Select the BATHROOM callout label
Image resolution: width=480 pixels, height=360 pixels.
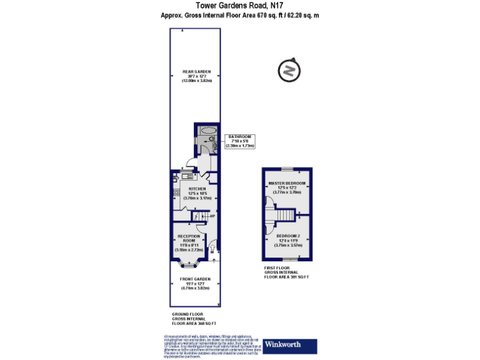click(x=240, y=136)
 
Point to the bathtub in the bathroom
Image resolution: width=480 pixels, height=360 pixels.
click(x=206, y=131)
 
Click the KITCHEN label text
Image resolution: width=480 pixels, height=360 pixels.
click(x=197, y=189)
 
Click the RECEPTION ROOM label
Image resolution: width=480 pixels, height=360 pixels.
click(x=189, y=238)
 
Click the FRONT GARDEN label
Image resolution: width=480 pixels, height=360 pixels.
click(x=195, y=279)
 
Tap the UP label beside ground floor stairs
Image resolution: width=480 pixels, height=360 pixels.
click(x=212, y=216)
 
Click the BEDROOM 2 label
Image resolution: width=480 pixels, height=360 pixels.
click(x=288, y=236)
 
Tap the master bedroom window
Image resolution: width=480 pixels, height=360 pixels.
click(x=287, y=169)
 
